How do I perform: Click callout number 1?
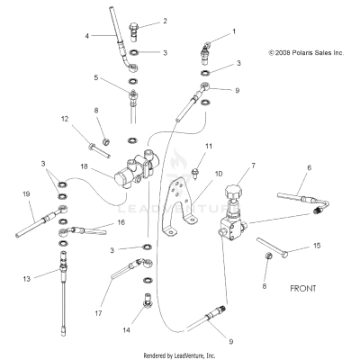[235, 31]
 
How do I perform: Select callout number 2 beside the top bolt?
[164, 20]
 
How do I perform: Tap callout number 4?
[87, 36]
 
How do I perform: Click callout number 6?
[309, 167]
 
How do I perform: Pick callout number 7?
[253, 166]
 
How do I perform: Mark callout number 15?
[316, 245]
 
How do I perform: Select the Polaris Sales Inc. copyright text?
[306, 53]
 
